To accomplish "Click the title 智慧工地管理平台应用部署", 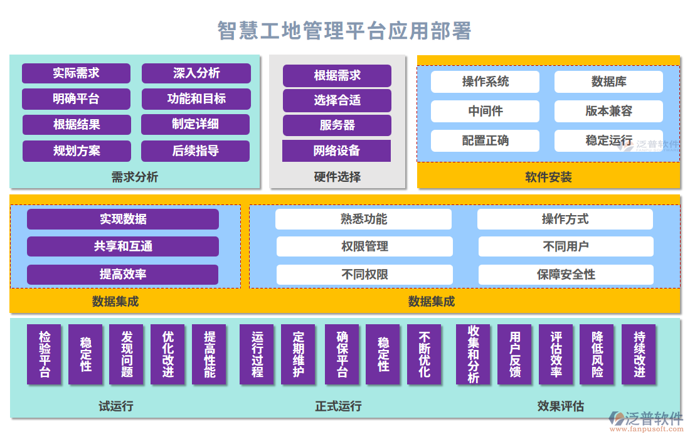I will click(x=344, y=30).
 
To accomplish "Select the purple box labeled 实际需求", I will click(x=76, y=73).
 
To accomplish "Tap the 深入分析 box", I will click(x=196, y=73).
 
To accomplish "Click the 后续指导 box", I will click(x=195, y=151).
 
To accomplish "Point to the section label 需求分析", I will click(x=135, y=177).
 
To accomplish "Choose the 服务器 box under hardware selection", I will click(x=337, y=125).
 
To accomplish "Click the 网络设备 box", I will click(x=336, y=151).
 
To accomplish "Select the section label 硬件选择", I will click(x=337, y=177).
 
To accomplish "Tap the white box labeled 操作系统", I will click(x=485, y=82).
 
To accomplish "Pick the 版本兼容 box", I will click(x=608, y=112).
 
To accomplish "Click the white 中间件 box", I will click(x=485, y=112).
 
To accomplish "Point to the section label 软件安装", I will click(x=548, y=177).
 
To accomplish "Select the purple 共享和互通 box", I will click(x=123, y=246).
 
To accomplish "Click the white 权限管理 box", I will click(x=364, y=246).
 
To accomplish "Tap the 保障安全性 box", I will click(x=566, y=275).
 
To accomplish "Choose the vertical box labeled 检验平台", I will click(x=45, y=354).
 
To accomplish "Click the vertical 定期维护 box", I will click(x=298, y=354).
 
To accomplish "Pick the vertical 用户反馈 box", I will click(x=514, y=354).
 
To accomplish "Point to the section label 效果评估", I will click(x=560, y=406).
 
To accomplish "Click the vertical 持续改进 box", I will click(x=639, y=354).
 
